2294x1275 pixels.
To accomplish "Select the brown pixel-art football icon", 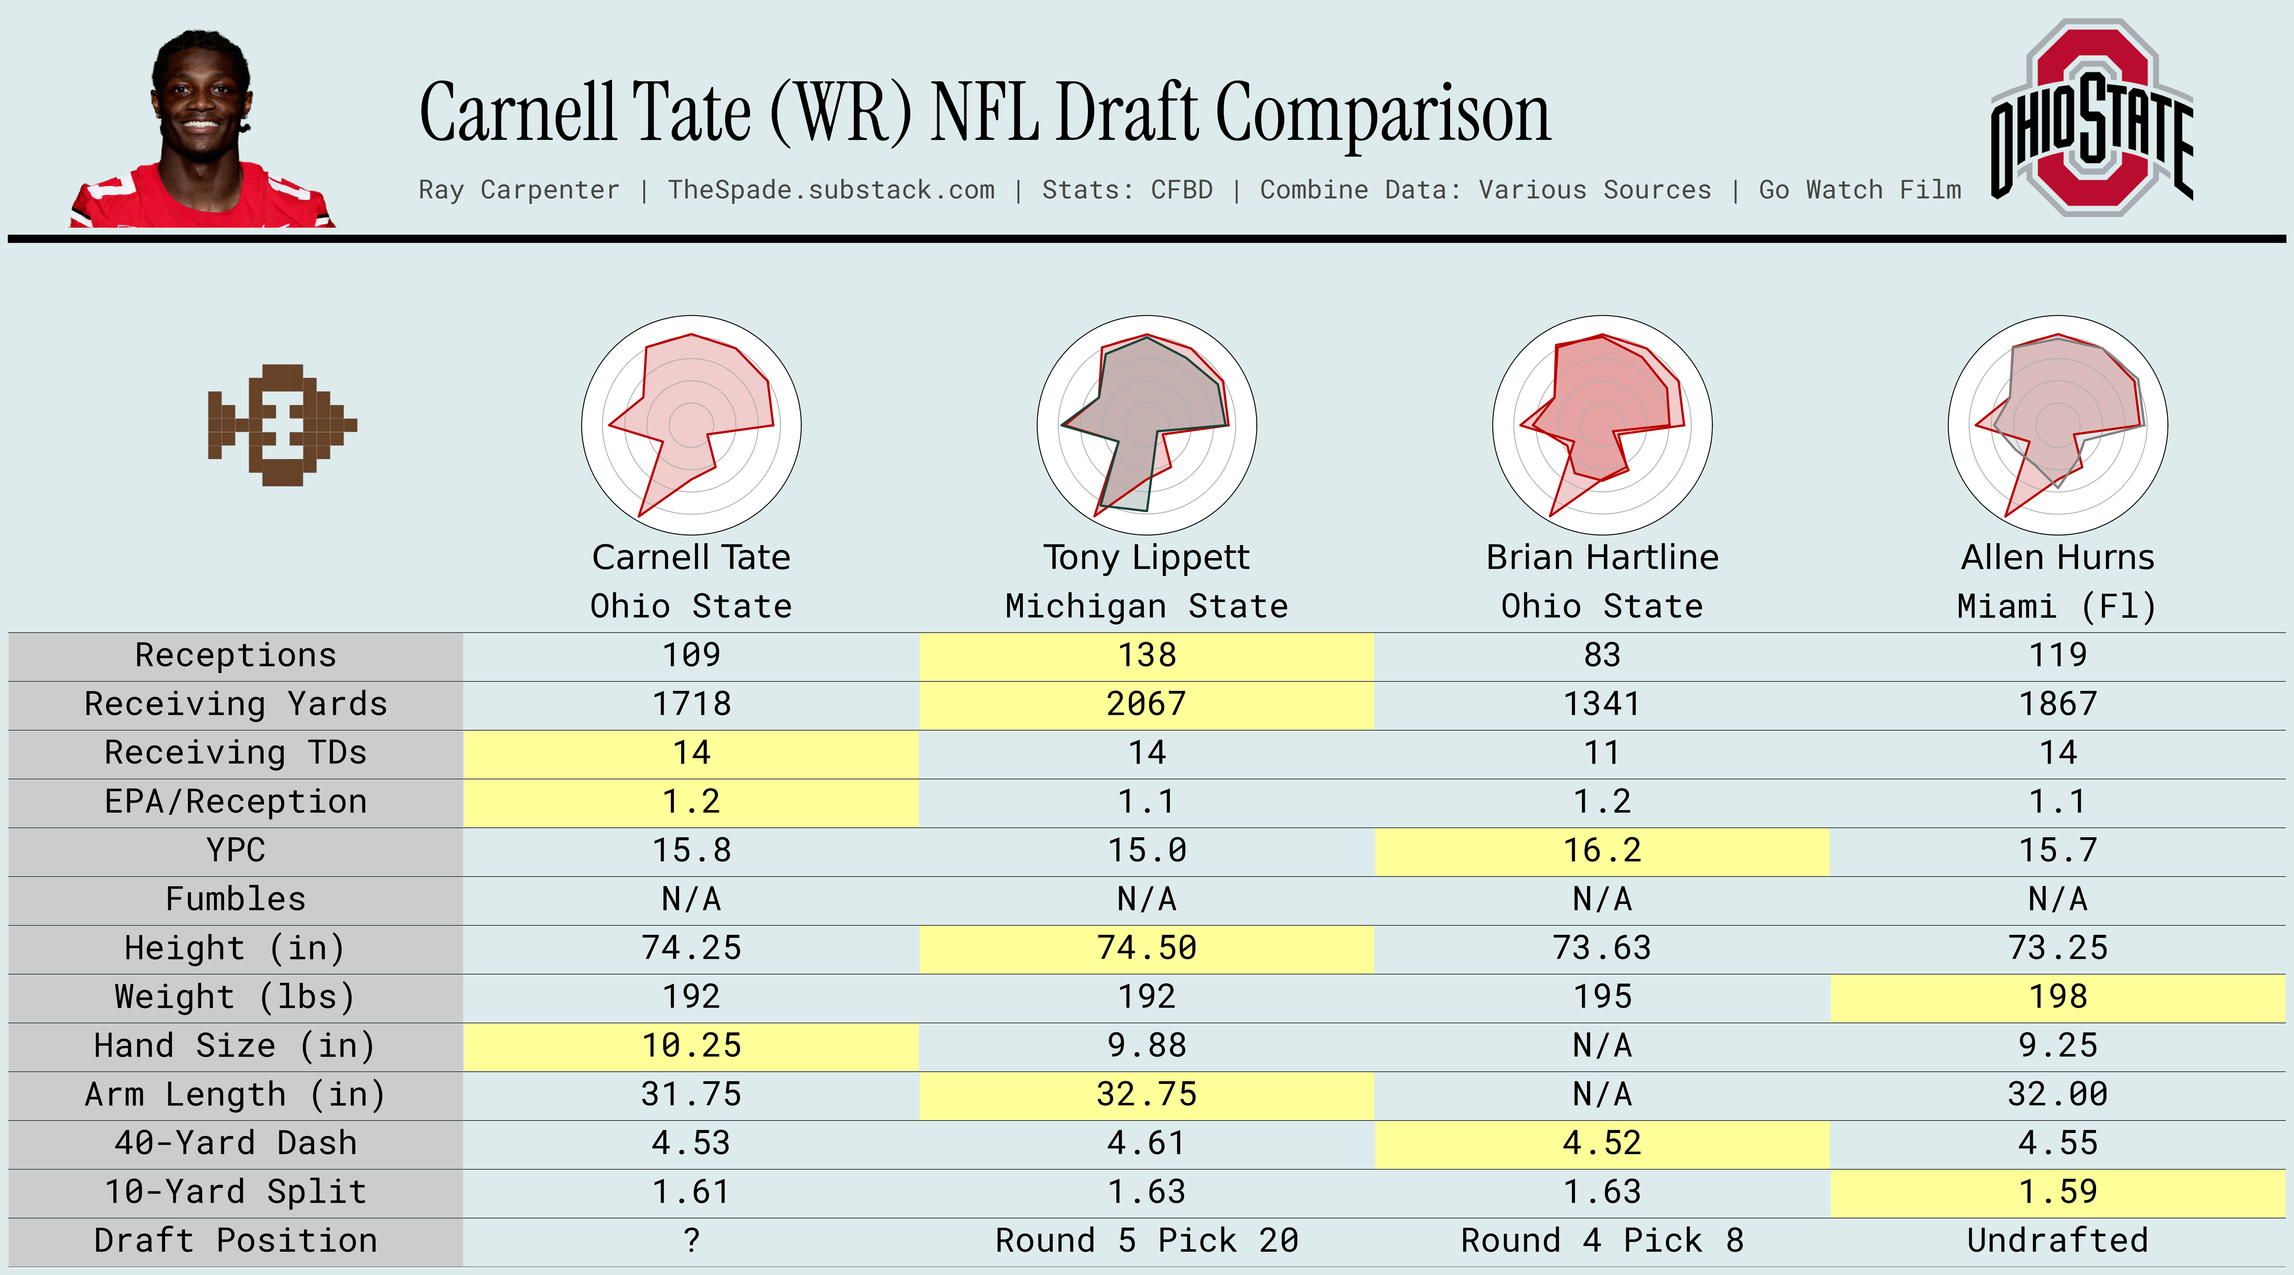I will tap(281, 425).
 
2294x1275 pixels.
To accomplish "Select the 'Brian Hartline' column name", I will tap(1602, 557).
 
